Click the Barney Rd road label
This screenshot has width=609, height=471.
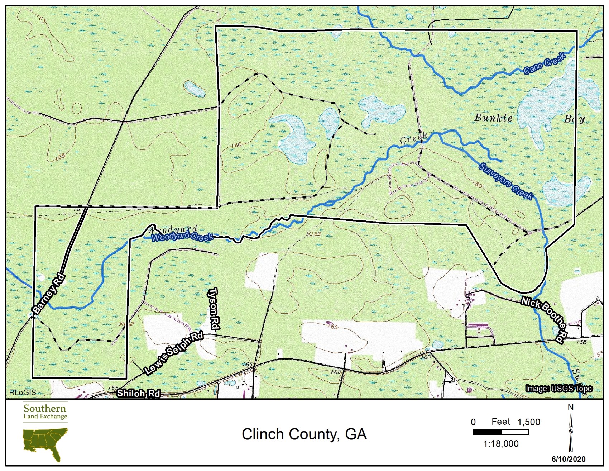[49, 294]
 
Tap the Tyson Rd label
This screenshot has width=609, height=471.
[214, 308]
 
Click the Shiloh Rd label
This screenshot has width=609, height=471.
[138, 393]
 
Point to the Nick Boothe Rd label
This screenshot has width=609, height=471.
[545, 319]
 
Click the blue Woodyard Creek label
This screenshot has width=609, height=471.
[182, 236]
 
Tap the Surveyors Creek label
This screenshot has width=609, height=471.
[506, 181]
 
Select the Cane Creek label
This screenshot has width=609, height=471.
[545, 63]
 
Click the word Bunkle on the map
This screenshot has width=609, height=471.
[493, 118]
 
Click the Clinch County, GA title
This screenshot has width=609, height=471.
[304, 434]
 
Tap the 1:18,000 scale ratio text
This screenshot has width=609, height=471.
[500, 444]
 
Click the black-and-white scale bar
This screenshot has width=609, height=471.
[500, 432]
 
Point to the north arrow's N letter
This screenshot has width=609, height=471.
[571, 407]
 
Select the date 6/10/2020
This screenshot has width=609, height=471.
[568, 459]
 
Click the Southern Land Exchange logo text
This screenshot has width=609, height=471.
[45, 411]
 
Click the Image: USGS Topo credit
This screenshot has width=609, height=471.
[558, 388]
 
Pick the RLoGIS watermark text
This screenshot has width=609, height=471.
[23, 392]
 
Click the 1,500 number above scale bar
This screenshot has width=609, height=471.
[528, 422]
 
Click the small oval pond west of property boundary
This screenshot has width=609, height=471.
[194, 89]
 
